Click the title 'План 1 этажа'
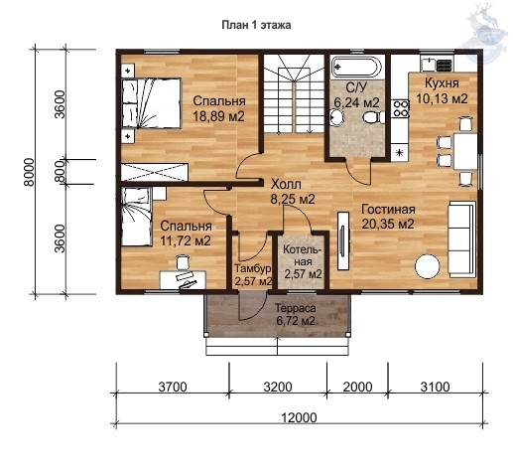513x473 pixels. (256, 25)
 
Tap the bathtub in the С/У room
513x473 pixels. (356, 68)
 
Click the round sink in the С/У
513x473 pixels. (337, 117)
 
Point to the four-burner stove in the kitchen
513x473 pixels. (401, 108)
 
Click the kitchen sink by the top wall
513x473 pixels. (429, 65)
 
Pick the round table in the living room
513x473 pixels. (428, 266)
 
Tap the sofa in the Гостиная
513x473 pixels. (462, 238)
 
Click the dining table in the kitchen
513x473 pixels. (465, 151)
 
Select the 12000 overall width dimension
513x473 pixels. (299, 417)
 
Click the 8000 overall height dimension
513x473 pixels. (30, 172)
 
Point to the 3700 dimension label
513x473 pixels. (173, 387)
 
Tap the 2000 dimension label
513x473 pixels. (357, 387)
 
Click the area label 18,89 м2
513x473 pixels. (218, 116)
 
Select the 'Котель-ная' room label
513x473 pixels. (303, 255)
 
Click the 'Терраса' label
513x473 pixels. (296, 308)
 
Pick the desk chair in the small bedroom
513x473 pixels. (183, 261)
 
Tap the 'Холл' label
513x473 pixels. (286, 184)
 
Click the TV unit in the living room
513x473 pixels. (343, 240)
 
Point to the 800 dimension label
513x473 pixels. (61, 172)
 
